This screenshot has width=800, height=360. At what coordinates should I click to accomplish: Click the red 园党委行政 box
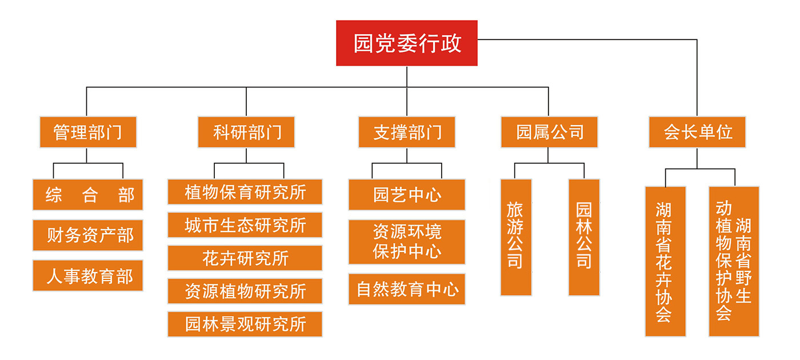click(x=406, y=43)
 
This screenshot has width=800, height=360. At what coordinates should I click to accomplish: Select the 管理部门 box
click(x=88, y=132)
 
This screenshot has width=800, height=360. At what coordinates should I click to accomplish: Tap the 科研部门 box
click(x=246, y=132)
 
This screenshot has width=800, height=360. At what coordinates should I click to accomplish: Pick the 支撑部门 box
click(x=407, y=132)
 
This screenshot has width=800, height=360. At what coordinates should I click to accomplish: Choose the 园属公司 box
click(x=549, y=132)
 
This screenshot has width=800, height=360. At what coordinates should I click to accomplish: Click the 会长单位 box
click(x=697, y=132)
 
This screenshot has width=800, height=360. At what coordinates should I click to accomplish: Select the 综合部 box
click(x=88, y=195)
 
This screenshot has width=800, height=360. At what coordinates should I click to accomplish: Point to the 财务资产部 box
click(x=88, y=235)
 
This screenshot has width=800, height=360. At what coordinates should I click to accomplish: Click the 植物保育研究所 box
click(x=245, y=192)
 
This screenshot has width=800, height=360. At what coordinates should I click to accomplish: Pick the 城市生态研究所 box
click(x=245, y=225)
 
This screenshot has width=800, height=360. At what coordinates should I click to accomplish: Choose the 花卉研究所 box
click(x=245, y=258)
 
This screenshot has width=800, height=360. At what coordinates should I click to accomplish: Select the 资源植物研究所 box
click(x=245, y=291)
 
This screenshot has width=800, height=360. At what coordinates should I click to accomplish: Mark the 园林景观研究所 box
click(x=245, y=324)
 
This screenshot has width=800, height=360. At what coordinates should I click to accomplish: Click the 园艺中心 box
click(x=407, y=195)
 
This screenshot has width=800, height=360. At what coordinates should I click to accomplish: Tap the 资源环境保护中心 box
click(x=407, y=242)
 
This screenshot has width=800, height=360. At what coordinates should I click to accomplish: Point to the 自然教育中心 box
click(x=407, y=289)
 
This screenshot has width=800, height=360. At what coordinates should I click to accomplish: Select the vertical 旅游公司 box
click(x=515, y=237)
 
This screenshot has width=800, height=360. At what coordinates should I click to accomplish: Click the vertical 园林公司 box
click(x=583, y=237)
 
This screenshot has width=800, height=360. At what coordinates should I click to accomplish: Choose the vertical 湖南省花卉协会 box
click(x=665, y=261)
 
